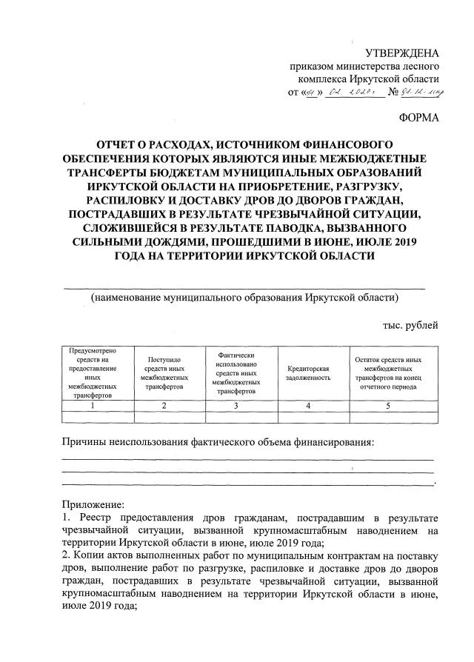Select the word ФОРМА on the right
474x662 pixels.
point(418,118)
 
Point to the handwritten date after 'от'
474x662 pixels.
point(337,93)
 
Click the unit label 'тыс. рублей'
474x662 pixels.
point(410,324)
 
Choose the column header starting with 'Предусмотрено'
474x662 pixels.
point(92,372)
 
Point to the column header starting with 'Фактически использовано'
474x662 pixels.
point(235,372)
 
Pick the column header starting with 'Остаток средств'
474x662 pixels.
point(388,372)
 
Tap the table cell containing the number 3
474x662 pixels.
point(235,406)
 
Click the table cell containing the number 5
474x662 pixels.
point(388,406)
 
